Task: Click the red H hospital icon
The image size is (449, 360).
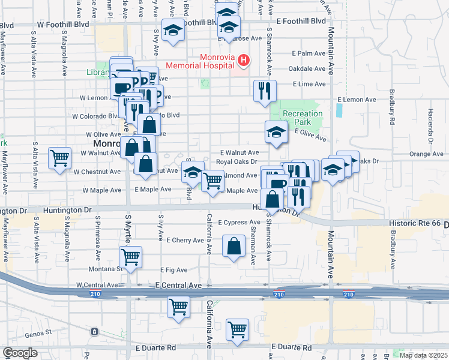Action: [x=244, y=60]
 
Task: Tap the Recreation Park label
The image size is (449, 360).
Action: [x=303, y=118]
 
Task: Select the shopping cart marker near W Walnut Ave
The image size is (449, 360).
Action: [x=60, y=158]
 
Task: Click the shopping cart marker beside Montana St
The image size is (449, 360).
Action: [x=130, y=257]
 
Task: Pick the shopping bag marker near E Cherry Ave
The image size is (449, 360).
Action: [x=234, y=245]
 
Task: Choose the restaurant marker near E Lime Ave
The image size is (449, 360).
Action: [x=265, y=91]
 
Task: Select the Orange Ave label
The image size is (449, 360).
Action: [x=426, y=154]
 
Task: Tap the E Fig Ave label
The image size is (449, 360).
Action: [x=174, y=270]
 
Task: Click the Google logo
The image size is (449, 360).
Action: [x=20, y=353]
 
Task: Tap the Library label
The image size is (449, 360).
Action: [x=98, y=73]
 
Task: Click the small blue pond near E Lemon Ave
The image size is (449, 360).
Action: [x=340, y=110]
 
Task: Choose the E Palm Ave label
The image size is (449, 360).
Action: [x=307, y=53]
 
